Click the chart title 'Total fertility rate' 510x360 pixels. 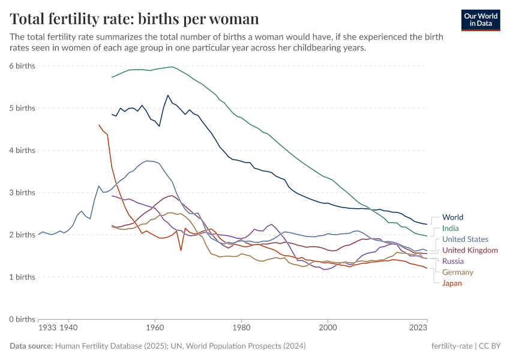coord(134,19)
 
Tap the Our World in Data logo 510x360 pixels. coord(480,19)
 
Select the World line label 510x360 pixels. coord(452,217)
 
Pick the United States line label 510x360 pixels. coord(465,239)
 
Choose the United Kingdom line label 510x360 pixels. coord(470,250)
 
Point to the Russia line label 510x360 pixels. coord(453,261)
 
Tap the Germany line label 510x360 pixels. coord(458,272)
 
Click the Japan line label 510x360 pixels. coord(452,283)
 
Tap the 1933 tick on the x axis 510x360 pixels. coord(47,328)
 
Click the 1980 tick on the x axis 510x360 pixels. coord(241,328)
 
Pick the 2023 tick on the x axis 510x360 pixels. coord(418,328)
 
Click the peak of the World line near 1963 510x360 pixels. coord(168,95)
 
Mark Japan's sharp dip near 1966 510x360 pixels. coord(181,250)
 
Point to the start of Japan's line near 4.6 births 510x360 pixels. coord(99,125)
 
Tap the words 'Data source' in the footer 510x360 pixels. coord(31,346)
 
